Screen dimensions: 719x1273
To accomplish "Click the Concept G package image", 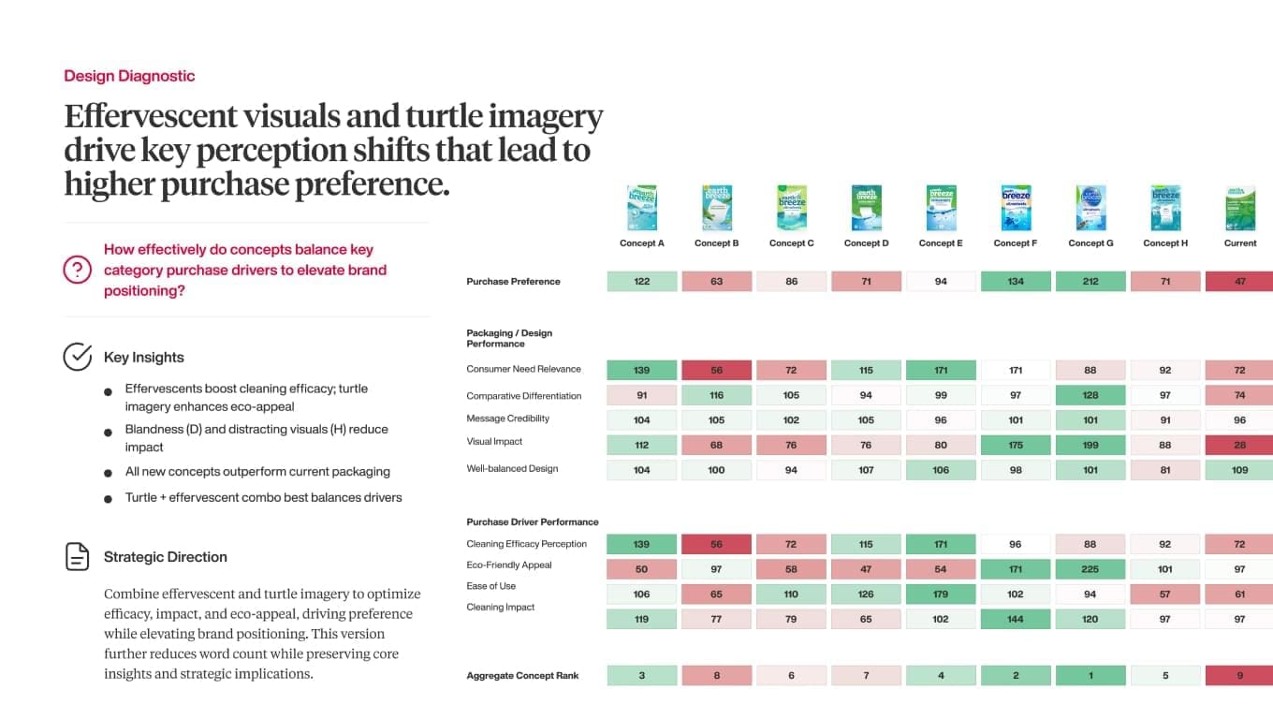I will coord(1090,208).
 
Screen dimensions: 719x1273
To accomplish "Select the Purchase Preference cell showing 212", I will coord(1090,281).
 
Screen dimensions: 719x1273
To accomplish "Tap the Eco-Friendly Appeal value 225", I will coord(1090,569).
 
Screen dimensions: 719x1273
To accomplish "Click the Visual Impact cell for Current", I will coord(1239,445).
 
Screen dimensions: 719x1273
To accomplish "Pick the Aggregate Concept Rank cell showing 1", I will coord(1090,676).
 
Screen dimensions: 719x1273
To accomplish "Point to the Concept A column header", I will coord(641,243).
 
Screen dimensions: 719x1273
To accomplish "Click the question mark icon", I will coord(77,270).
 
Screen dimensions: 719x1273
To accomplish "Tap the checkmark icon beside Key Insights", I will coord(77,357).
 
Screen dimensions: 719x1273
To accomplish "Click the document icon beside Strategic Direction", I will coord(77,556).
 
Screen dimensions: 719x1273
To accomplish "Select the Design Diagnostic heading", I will coord(129,76).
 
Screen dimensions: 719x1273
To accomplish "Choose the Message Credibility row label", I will coord(507,418).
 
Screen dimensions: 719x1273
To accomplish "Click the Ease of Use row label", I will coord(490,586).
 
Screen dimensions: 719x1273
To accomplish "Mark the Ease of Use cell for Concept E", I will coord(941,594).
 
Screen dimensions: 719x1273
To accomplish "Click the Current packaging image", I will coord(1240,208).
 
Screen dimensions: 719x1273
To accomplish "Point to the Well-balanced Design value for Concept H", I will coord(1165,470).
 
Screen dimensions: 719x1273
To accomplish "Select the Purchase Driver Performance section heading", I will coord(532,522).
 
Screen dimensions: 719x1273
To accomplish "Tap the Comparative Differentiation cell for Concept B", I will coord(716,395).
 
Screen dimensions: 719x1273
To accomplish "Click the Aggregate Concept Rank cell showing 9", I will coord(1239,676).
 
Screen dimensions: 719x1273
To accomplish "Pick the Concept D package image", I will coord(866,208).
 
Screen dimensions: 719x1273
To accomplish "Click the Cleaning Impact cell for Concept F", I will coord(1016,619).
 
